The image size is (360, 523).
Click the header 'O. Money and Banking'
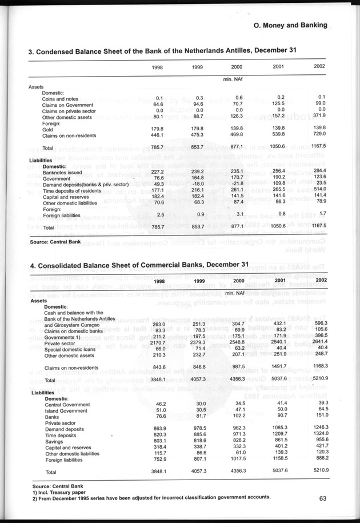pos(290,25)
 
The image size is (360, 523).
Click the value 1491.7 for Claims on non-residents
pos(279,367)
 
